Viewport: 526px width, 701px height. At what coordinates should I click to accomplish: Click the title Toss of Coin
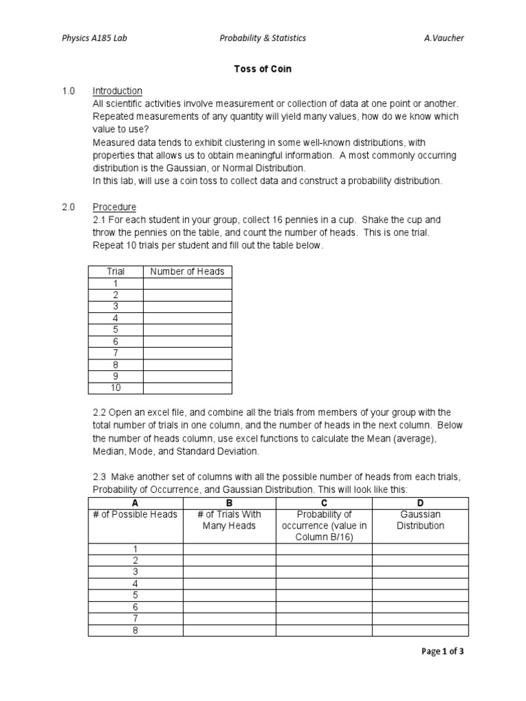[263, 69]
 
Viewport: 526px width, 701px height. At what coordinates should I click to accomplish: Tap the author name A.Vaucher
[444, 38]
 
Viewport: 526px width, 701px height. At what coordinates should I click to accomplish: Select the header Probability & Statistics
[262, 38]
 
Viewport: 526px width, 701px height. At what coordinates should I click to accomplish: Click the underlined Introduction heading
[117, 91]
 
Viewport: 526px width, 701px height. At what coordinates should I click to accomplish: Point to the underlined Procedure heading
[114, 207]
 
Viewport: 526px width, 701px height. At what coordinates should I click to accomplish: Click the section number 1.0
[68, 91]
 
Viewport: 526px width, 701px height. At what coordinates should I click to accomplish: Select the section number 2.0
[68, 207]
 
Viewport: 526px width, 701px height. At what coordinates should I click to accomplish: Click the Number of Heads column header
[187, 271]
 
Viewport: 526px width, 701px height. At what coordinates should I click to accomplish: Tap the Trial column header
[116, 271]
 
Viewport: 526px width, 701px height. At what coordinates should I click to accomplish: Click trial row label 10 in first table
[116, 388]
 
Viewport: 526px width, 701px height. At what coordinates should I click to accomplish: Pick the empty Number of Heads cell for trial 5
[187, 330]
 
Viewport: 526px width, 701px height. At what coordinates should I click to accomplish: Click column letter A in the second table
[136, 502]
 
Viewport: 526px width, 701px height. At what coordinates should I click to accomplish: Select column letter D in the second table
[421, 502]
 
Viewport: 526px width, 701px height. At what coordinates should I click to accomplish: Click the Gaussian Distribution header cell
[421, 520]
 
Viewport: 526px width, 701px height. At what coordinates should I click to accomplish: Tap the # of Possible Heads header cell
[136, 514]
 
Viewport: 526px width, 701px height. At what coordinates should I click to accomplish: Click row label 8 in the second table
[136, 630]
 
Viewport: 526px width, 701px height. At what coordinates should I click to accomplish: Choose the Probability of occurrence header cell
[324, 525]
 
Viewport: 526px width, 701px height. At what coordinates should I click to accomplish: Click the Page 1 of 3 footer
[442, 651]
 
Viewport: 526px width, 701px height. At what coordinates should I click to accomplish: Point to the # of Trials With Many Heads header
[229, 520]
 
